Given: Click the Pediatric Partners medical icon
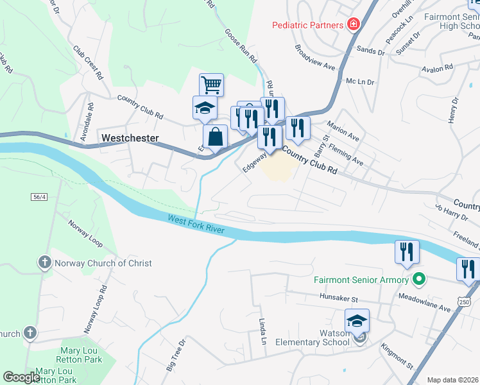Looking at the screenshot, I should click(352, 25).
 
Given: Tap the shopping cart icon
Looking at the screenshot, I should click(211, 85).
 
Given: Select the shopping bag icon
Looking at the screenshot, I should click(215, 136).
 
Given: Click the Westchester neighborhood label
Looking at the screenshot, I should click(130, 138).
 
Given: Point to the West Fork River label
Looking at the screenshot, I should click(198, 224).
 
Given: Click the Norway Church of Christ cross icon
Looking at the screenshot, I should click(44, 262).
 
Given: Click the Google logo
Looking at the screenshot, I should click(21, 377).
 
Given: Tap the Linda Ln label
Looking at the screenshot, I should click(262, 330).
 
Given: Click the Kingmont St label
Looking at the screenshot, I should click(405, 357).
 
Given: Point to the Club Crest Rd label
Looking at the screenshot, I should click(88, 62).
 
